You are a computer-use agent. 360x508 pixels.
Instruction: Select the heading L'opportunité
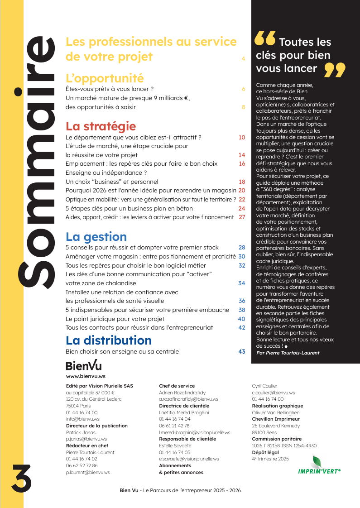(105, 78)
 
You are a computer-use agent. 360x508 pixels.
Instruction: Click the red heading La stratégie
(101, 126)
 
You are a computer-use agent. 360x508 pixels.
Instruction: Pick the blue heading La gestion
(96, 236)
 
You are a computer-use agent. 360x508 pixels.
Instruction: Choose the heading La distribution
(109, 340)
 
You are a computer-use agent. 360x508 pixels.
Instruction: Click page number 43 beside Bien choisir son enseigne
(241, 351)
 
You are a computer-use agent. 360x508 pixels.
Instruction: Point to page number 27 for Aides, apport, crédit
(242, 217)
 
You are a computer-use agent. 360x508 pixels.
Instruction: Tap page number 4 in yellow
(243, 59)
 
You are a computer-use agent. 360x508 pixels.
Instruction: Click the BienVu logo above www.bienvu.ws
(84, 365)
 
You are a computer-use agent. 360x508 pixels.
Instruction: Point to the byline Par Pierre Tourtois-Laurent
(288, 352)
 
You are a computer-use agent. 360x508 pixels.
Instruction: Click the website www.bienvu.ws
(86, 376)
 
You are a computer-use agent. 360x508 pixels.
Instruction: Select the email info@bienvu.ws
(82, 419)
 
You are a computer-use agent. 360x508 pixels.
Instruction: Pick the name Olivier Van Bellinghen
(276, 412)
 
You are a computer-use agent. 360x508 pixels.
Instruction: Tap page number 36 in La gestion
(242, 301)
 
